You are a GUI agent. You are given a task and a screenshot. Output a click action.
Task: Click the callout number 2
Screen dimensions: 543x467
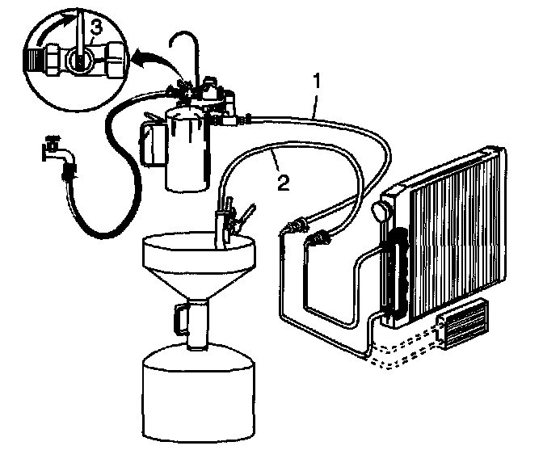tap(281, 180)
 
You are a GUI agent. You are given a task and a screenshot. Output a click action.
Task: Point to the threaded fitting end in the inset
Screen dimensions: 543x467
tap(36, 57)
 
